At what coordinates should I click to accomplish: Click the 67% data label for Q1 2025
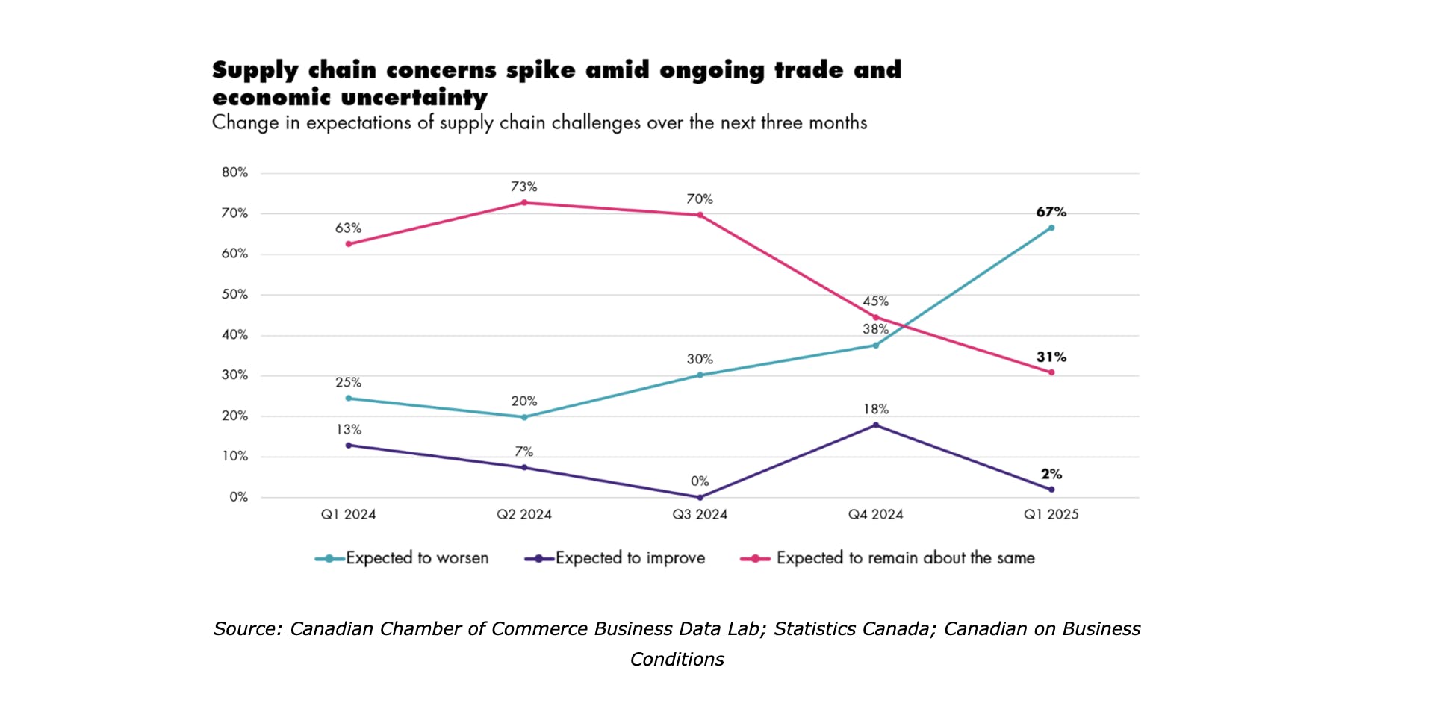1051,212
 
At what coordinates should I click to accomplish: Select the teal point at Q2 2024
524,417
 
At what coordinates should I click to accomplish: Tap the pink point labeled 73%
524,202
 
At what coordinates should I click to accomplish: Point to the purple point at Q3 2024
700,497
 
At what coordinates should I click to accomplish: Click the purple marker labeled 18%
876,425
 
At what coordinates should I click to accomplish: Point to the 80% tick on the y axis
234,172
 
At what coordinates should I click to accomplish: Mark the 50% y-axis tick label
234,295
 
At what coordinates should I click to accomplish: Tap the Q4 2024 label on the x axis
875,514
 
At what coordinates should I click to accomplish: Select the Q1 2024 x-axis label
348,514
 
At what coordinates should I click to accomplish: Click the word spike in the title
541,70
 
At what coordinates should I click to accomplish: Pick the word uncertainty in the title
414,98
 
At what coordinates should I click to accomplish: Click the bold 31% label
1051,357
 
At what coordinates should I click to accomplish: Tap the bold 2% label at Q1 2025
1051,475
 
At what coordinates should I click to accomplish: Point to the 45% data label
875,301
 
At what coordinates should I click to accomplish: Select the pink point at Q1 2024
349,244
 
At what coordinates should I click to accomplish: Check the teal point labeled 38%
876,345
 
